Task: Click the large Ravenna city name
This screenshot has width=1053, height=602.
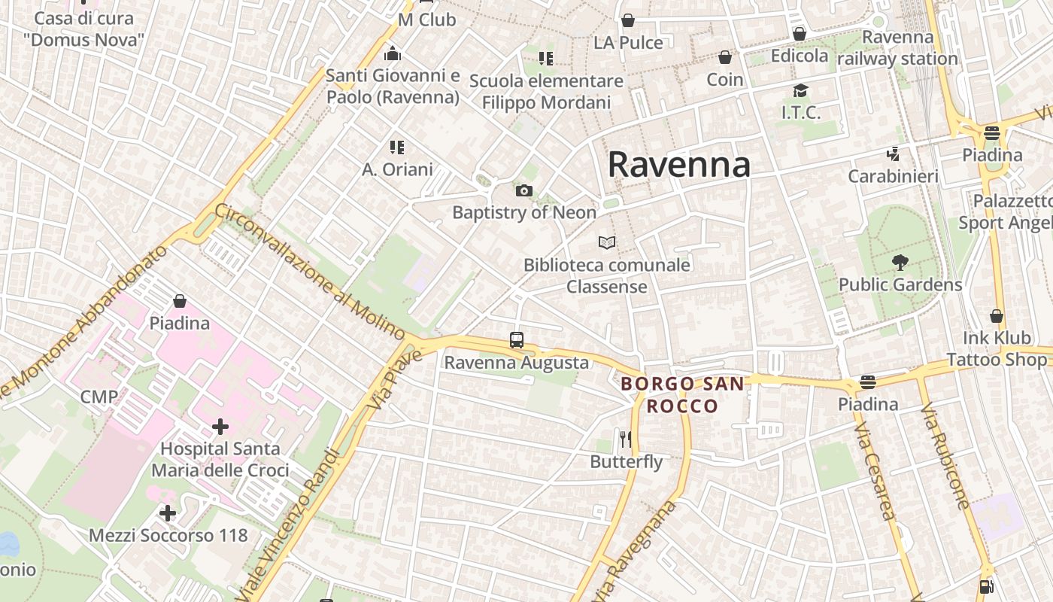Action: pyautogui.click(x=678, y=164)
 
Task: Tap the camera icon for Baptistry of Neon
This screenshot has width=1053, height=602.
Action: pyautogui.click(x=524, y=190)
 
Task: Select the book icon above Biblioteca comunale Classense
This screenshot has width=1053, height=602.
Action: pyautogui.click(x=607, y=242)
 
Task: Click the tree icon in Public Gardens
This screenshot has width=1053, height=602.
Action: pyautogui.click(x=900, y=263)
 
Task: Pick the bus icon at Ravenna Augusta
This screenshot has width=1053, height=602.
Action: pyautogui.click(x=516, y=340)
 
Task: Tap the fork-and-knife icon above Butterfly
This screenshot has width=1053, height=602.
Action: pyautogui.click(x=626, y=439)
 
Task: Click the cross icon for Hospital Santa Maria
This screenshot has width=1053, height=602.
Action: pyautogui.click(x=220, y=427)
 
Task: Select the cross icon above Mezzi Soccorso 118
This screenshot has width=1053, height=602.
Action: pyautogui.click(x=168, y=513)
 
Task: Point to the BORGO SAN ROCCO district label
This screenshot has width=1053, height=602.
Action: pyautogui.click(x=682, y=395)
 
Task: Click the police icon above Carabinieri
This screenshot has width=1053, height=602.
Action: pyautogui.click(x=893, y=154)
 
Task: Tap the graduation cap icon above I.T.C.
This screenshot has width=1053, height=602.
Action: pyautogui.click(x=800, y=91)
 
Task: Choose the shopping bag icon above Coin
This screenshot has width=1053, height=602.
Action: pyautogui.click(x=724, y=57)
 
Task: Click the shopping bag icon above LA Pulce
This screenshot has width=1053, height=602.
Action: pyautogui.click(x=628, y=20)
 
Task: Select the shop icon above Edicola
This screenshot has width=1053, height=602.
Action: pyautogui.click(x=800, y=34)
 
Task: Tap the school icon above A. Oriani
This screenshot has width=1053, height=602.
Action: pyautogui.click(x=397, y=147)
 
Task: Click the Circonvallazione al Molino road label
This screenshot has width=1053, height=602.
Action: pyautogui.click(x=310, y=270)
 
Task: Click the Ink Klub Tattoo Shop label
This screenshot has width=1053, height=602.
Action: pyautogui.click(x=996, y=349)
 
